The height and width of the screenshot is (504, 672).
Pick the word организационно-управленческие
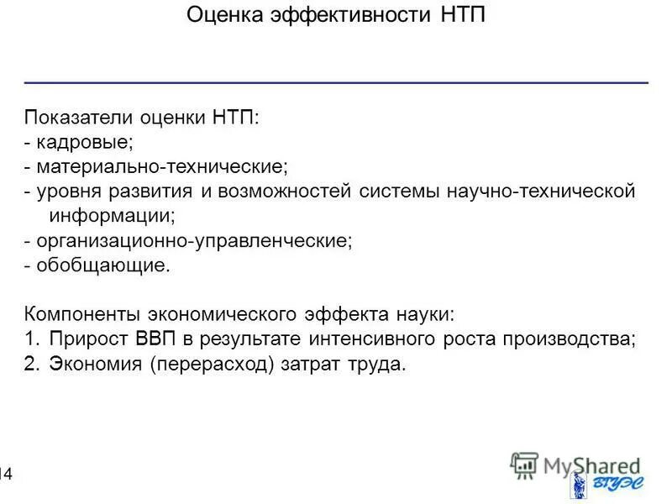pyautogui.click(x=193, y=241)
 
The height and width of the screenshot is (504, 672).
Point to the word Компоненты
pyautogui.click(x=83, y=315)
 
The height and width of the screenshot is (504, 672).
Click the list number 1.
pyautogui.click(x=32, y=339)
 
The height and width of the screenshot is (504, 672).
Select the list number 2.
pyautogui.click(x=32, y=365)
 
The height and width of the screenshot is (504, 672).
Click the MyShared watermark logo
pyautogui.click(x=575, y=465)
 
